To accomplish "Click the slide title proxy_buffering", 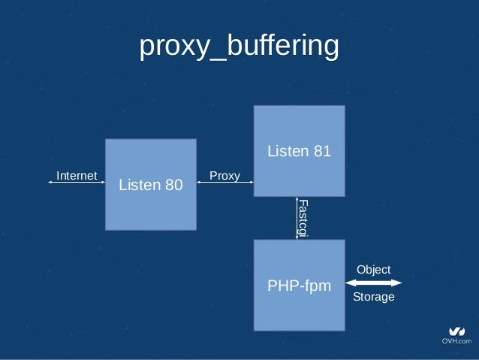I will coord(239,47).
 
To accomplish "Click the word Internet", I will coord(77,176).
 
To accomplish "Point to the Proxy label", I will coord(224,176).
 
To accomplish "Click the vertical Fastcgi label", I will coord(303,219).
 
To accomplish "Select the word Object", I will coord(373,269).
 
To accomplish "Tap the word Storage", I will coord(373,297).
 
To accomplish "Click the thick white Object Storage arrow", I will coord(373,283).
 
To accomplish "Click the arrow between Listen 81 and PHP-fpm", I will coord(296,218).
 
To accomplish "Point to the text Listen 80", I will coord(150,184).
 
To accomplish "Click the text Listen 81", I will coord(299,152).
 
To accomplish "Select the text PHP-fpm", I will coord(299,286).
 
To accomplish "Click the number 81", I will coord(321,152).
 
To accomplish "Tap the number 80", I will coord(172,184).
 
